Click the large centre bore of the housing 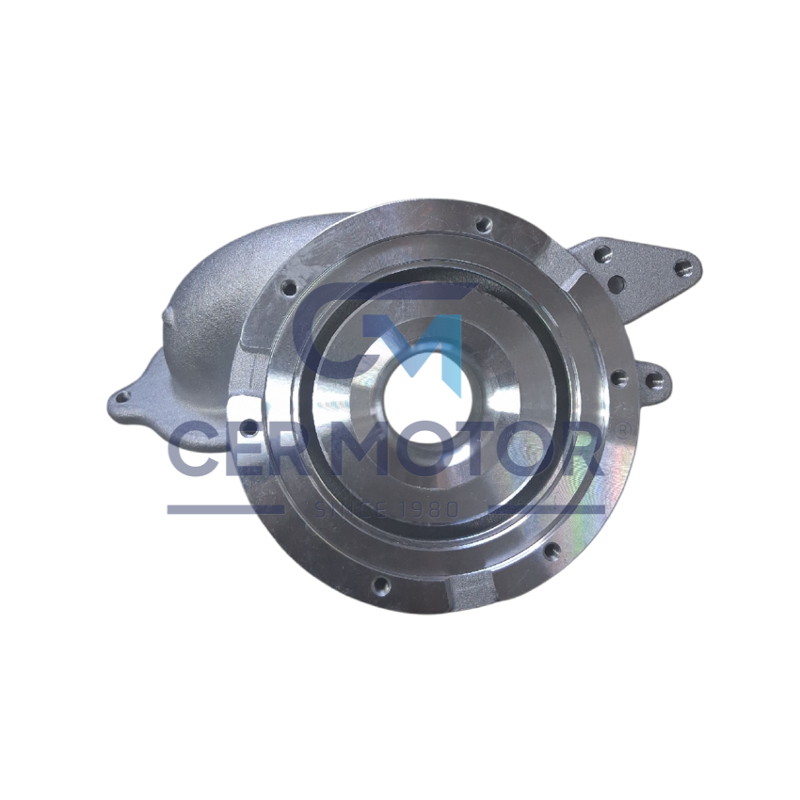424,399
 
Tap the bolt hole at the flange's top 481,224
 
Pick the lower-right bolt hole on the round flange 551,550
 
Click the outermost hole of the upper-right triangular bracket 682,267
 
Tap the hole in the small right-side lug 653,379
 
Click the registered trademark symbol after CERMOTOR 622,431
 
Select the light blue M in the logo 426,351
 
